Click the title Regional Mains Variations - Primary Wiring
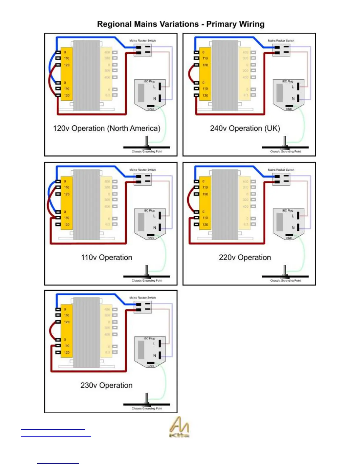[181, 24]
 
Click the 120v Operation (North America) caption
[106, 129]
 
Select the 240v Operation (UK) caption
[245, 129]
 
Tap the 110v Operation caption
[106, 258]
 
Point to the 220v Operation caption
[245, 258]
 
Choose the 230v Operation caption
[106, 385]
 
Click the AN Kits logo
[179, 427]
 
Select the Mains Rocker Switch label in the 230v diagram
[143, 298]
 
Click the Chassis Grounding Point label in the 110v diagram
[147, 281]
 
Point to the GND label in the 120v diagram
[151, 109]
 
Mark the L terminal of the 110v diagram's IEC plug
[160, 216]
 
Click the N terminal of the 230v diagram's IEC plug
[160, 355]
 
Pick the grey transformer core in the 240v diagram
[225, 75]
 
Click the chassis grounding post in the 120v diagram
[146, 142]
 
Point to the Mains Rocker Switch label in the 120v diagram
[143, 41]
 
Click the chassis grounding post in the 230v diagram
[146, 399]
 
